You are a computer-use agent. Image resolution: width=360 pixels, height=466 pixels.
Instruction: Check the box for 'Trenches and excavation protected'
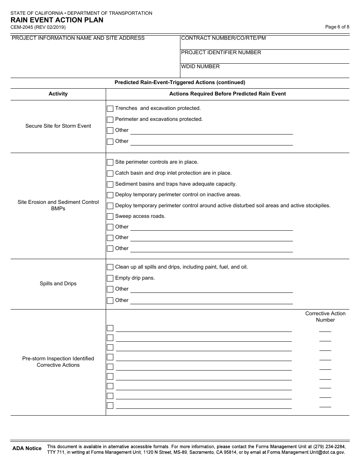pyautogui.click(x=110, y=109)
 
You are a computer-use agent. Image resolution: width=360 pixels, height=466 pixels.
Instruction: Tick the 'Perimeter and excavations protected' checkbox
pyautogui.click(x=110, y=120)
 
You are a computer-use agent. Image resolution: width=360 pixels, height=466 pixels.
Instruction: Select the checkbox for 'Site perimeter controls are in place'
pyautogui.click(x=110, y=163)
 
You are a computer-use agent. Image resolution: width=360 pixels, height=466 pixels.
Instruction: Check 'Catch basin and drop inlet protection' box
pyautogui.click(x=110, y=174)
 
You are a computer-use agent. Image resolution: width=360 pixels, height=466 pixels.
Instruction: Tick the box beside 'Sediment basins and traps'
pyautogui.click(x=110, y=185)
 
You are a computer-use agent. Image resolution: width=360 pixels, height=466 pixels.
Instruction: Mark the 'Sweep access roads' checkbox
pyautogui.click(x=110, y=217)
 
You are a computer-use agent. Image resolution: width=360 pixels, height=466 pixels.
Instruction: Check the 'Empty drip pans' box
pyautogui.click(x=110, y=278)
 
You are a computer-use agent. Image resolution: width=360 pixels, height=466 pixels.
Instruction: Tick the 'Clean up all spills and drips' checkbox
pyautogui.click(x=110, y=267)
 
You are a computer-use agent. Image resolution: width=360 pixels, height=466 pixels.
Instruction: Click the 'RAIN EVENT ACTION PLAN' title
pyautogui.click(x=57, y=20)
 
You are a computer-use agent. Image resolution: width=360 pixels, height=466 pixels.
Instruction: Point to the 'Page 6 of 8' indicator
pyautogui.click(x=337, y=27)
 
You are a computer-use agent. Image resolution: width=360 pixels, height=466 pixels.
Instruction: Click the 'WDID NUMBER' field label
pyautogui.click(x=200, y=67)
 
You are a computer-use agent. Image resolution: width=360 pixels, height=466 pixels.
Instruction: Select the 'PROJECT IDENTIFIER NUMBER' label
pyautogui.click(x=221, y=53)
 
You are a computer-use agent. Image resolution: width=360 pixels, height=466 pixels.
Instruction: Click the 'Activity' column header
pyautogui.click(x=58, y=94)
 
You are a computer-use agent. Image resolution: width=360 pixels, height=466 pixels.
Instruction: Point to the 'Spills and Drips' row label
pyautogui.click(x=58, y=284)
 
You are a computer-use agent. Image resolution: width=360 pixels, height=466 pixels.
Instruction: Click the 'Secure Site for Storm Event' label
pyautogui.click(x=58, y=126)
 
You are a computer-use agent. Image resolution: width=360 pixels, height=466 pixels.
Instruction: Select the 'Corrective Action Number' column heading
pyautogui.click(x=325, y=317)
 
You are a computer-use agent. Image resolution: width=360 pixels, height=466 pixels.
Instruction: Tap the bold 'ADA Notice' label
pyautogui.click(x=27, y=449)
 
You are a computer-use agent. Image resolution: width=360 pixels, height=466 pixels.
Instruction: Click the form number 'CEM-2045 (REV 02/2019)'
pyautogui.click(x=38, y=27)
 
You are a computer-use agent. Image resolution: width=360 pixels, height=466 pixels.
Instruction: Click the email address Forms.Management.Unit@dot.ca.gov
pyautogui.click(x=306, y=452)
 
